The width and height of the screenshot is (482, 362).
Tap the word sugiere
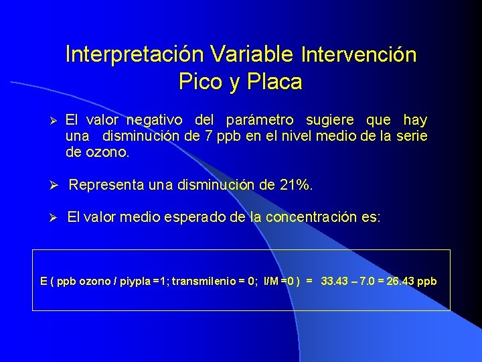pos(332,121)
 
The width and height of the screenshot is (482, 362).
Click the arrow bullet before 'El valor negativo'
pos(56,121)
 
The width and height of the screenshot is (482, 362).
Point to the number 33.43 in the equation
pos(335,281)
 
